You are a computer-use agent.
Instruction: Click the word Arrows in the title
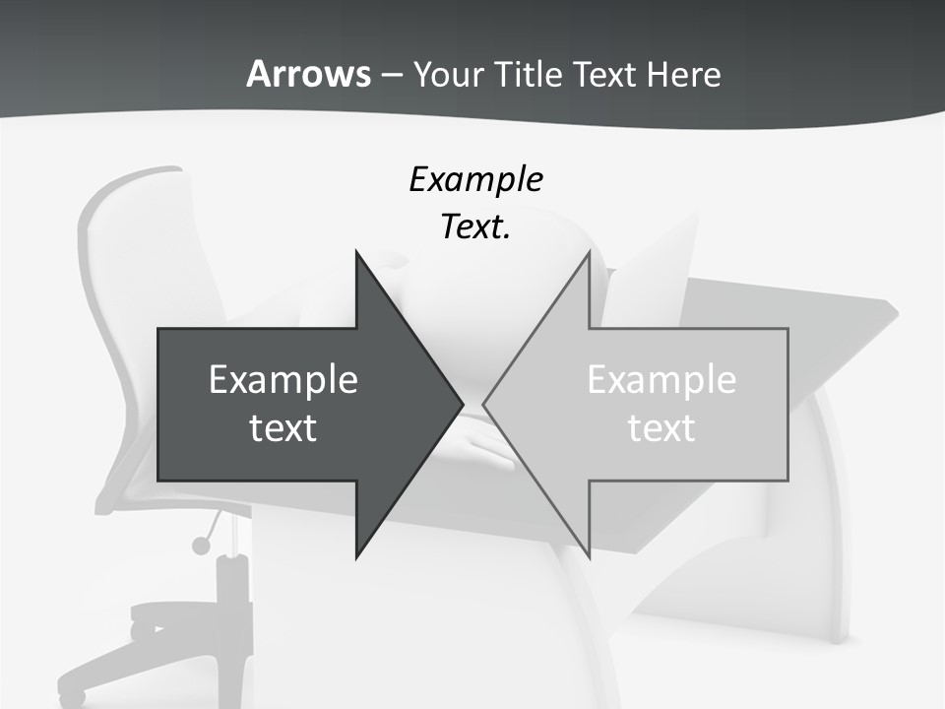(308, 74)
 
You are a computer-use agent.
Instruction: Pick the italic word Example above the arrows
(475, 180)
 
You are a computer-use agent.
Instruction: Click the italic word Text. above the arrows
(475, 227)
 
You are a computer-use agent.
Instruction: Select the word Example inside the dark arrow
(283, 380)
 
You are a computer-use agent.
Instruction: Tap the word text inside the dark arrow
(283, 428)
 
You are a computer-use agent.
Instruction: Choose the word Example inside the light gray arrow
(661, 380)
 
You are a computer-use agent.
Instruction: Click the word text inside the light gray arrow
(661, 428)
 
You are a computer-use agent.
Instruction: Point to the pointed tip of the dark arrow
(462, 404)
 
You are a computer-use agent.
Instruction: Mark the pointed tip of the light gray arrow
(484, 404)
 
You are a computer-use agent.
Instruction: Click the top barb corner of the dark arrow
(356, 253)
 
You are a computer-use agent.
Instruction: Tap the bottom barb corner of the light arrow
(589, 555)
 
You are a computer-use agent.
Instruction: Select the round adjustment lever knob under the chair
(202, 545)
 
